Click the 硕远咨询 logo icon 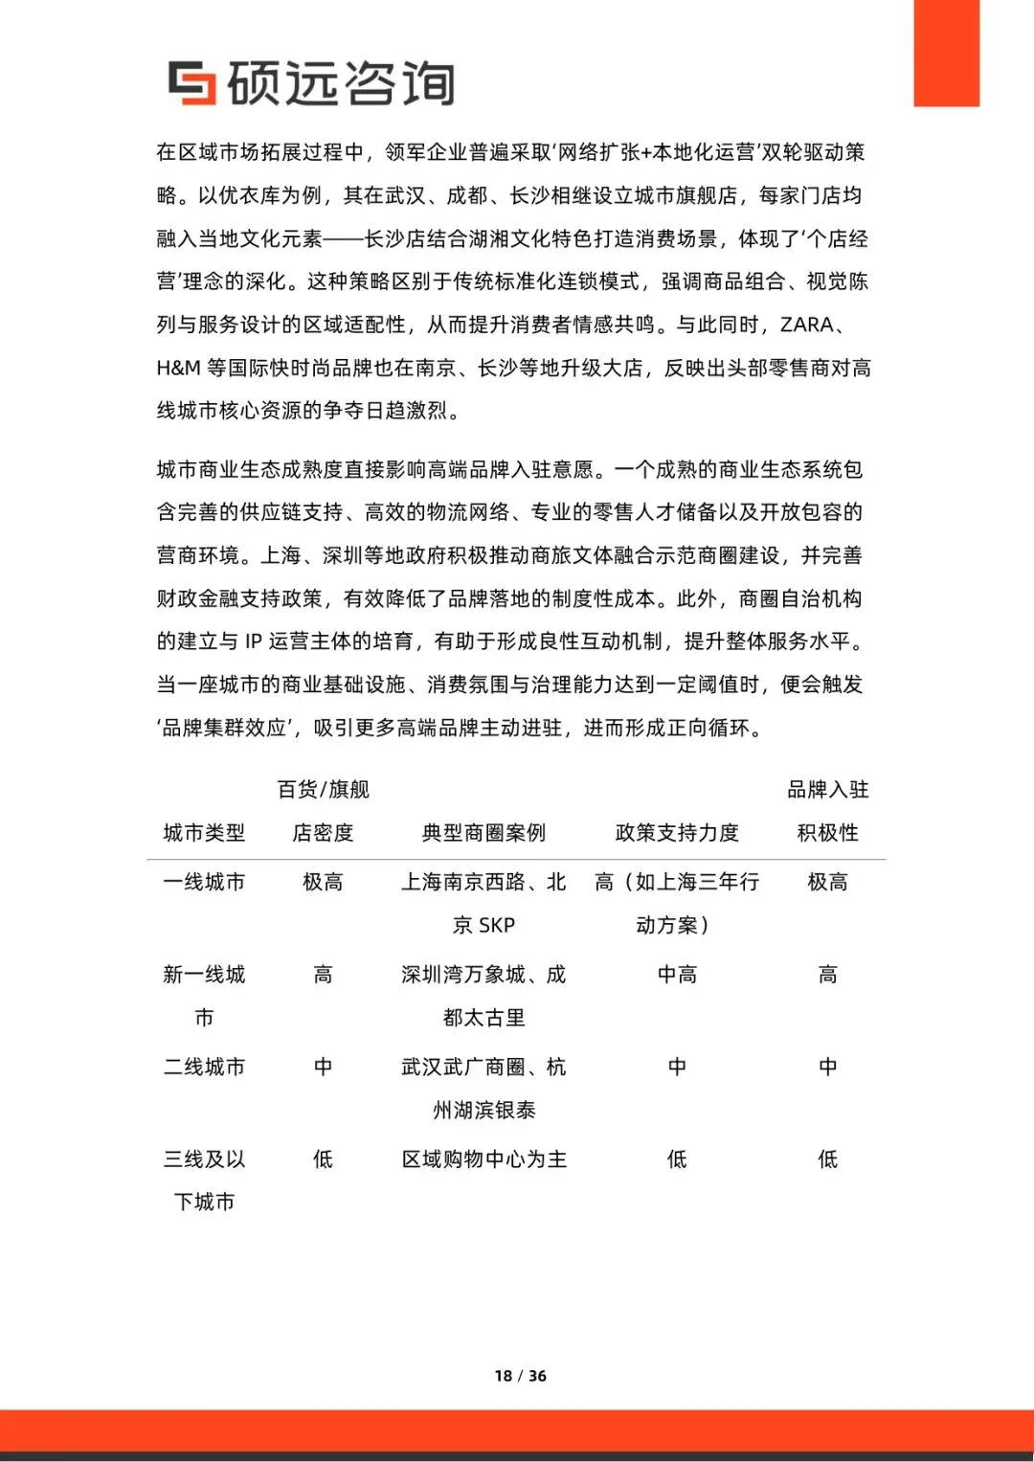tap(191, 82)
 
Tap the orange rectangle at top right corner tap(946, 53)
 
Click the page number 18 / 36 tap(520, 1376)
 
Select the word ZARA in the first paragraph tap(806, 325)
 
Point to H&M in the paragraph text tap(178, 368)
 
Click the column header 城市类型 tap(204, 833)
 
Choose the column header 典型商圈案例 tap(483, 833)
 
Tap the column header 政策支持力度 tap(677, 833)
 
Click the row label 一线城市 tap(204, 882)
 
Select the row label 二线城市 tap(204, 1067)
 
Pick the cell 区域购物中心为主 tap(483, 1159)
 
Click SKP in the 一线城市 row tap(497, 925)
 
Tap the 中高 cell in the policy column tap(677, 975)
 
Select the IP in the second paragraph tap(254, 641)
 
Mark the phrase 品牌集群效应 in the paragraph tap(224, 728)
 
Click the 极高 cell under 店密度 tap(323, 882)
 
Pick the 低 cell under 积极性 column tap(827, 1159)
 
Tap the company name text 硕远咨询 tap(341, 83)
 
